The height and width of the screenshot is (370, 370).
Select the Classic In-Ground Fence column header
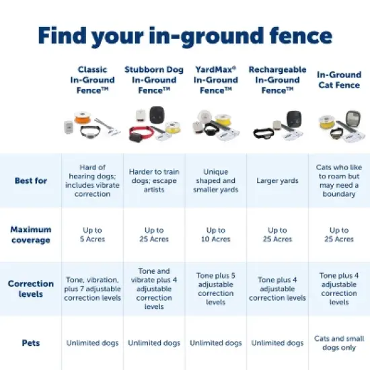93,80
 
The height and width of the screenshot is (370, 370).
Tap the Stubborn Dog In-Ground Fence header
155,80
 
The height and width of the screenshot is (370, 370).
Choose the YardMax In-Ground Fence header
216,80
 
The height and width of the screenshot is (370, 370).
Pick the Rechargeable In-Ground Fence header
277,80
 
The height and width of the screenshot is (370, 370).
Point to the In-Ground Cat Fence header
339,80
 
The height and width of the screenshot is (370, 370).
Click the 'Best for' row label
30,180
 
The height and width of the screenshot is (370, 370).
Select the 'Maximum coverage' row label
30,234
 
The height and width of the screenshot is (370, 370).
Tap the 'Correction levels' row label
30,289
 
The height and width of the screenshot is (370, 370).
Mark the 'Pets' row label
30,343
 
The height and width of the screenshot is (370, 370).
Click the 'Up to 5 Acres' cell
93,235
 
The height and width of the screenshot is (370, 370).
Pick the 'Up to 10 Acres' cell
216,235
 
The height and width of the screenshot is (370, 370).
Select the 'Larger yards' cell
277,180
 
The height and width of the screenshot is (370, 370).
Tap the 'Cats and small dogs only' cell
339,343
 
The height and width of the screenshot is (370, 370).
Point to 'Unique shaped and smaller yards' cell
216,180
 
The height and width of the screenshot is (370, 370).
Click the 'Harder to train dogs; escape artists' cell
155,180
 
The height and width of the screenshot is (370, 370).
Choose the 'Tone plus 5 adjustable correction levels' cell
216,289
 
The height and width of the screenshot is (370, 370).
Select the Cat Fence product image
339,126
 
